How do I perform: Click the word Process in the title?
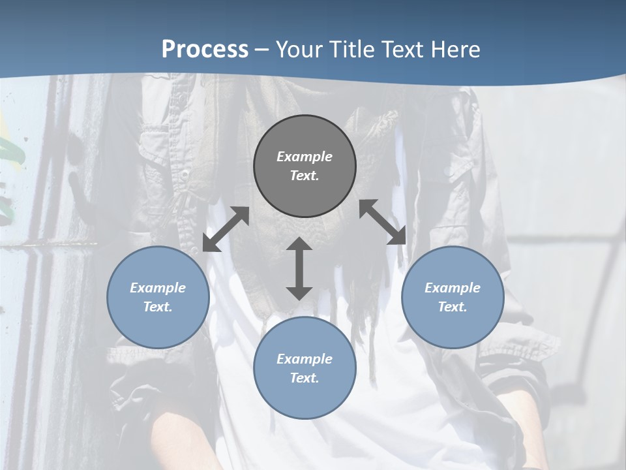coord(205,50)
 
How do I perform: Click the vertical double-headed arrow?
coord(299,268)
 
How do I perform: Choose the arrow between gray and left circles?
coord(226,229)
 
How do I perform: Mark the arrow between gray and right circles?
coord(383,222)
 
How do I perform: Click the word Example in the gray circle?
coord(305,157)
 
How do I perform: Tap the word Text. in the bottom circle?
coord(305,378)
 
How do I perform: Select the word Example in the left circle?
coord(158,288)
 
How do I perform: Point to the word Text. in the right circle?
coord(453,307)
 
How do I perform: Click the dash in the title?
coord(262,50)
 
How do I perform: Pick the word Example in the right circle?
coord(453,288)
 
